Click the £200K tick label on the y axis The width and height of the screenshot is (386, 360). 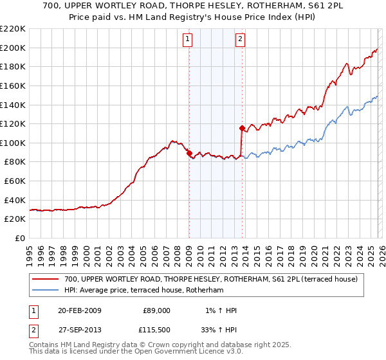(13, 48)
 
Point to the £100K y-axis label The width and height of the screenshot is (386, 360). (13, 143)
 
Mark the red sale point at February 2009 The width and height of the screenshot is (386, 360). (189, 154)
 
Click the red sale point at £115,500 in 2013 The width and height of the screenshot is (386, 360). (242, 128)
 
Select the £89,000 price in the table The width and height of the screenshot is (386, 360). (156, 310)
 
